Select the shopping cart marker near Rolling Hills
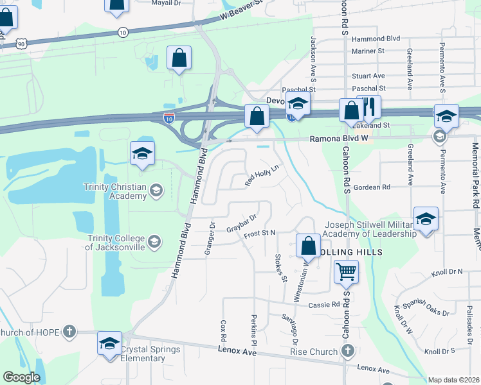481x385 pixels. [346, 272]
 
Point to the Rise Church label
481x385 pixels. [313, 351]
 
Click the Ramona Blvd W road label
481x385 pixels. [338, 138]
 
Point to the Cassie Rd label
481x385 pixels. [323, 305]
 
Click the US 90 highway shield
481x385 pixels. [22, 43]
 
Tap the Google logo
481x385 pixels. [21, 377]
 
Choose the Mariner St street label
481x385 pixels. [368, 51]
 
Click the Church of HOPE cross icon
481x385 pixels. [69, 332]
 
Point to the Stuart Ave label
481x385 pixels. [368, 76]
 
